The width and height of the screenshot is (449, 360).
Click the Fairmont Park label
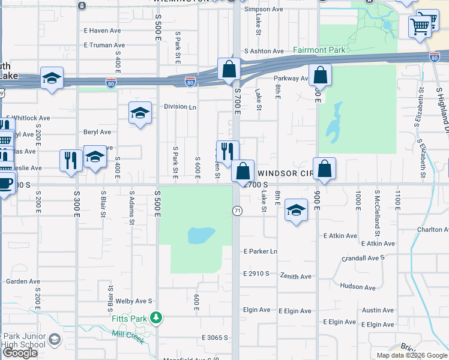click(x=319, y=50)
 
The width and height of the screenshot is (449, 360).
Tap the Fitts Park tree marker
click(x=156, y=317)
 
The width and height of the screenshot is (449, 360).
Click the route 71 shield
click(x=238, y=211)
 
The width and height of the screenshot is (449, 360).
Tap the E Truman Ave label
click(x=104, y=45)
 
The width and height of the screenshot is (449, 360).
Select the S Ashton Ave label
click(x=264, y=52)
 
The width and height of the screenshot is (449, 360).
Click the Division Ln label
click(x=180, y=107)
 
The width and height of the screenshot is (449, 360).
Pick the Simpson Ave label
click(x=264, y=10)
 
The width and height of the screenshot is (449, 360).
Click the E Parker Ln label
click(x=261, y=251)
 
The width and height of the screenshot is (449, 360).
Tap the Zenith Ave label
click(x=295, y=276)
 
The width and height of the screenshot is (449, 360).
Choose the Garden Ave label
click(x=23, y=281)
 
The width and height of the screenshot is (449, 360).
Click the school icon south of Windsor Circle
click(x=295, y=210)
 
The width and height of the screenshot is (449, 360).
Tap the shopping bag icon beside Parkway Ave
click(x=321, y=76)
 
